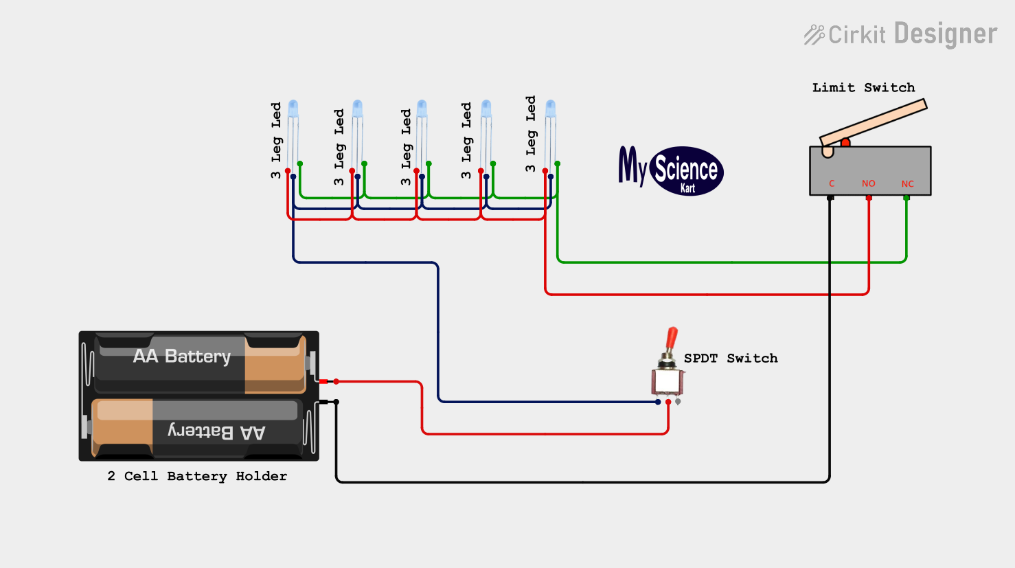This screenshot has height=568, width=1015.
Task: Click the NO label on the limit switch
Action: pos(868,183)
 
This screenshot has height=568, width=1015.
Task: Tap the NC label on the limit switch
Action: pos(907,183)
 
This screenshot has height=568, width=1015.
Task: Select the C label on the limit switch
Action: pos(832,183)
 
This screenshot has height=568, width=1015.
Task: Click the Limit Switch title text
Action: pos(863,87)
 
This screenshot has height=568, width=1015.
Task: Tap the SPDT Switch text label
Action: pos(731,358)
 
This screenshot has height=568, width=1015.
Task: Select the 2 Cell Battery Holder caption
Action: pos(197,476)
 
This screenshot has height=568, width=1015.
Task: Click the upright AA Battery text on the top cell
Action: pos(182,356)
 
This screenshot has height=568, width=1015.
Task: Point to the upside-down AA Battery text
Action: pos(216,431)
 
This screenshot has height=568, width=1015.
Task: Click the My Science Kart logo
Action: pos(671,170)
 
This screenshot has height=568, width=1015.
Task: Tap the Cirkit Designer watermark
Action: pos(901,34)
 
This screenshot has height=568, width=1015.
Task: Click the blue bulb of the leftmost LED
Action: pos(293,109)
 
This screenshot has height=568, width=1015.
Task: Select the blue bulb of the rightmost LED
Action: pos(551,109)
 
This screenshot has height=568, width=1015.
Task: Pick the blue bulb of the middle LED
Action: pos(422,109)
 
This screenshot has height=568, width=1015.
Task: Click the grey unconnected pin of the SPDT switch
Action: pos(678,402)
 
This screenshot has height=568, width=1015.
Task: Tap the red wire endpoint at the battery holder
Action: pos(337,382)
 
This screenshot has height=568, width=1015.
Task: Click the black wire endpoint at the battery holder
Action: pos(337,402)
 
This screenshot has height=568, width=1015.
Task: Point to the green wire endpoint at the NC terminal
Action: pos(906,198)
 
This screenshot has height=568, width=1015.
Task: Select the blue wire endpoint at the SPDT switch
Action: pos(658,402)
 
